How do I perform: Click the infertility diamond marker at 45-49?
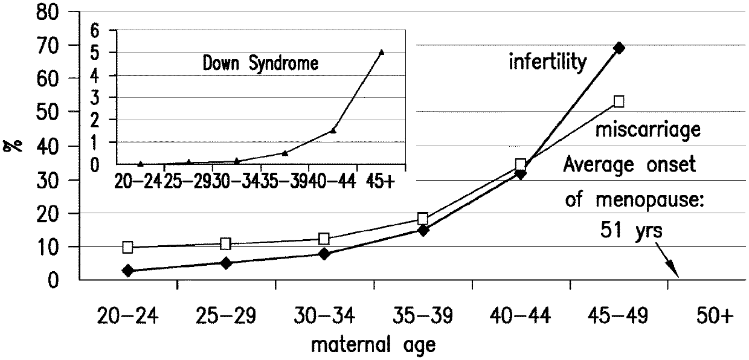[x=619, y=48]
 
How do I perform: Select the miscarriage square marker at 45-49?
[x=619, y=101]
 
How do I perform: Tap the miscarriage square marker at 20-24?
[x=127, y=248]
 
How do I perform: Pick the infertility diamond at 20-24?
[x=127, y=271]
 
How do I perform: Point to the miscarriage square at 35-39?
[x=423, y=219]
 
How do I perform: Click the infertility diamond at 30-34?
[x=324, y=254]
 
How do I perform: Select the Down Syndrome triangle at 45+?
[x=382, y=52]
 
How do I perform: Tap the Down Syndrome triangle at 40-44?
[x=333, y=130]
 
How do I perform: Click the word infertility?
[x=548, y=62]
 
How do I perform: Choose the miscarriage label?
[x=648, y=130]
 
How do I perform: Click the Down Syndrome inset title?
[x=260, y=63]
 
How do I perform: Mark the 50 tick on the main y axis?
[x=48, y=112]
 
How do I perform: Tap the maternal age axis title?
[x=373, y=346]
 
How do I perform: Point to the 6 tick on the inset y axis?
[x=95, y=32]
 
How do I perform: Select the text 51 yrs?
[x=631, y=231]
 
